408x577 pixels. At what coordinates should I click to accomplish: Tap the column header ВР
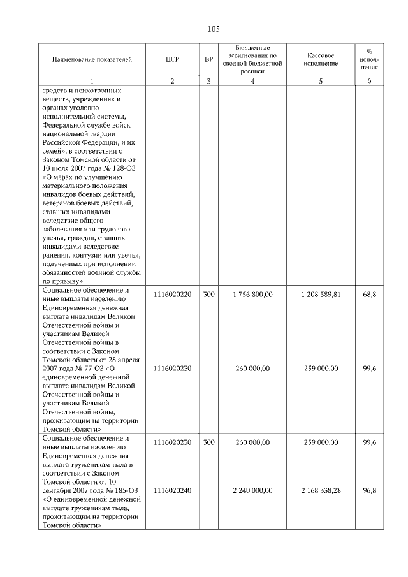click(x=208, y=60)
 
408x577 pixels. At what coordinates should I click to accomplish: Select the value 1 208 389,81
click(x=321, y=294)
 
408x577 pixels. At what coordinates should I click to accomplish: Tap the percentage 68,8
click(x=370, y=294)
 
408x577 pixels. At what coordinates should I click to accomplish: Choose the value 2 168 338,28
click(x=321, y=490)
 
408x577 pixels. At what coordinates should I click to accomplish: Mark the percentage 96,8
click(x=370, y=490)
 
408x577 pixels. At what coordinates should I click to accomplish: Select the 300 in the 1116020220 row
click(x=208, y=294)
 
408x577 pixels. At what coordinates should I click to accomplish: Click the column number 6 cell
click(x=370, y=81)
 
